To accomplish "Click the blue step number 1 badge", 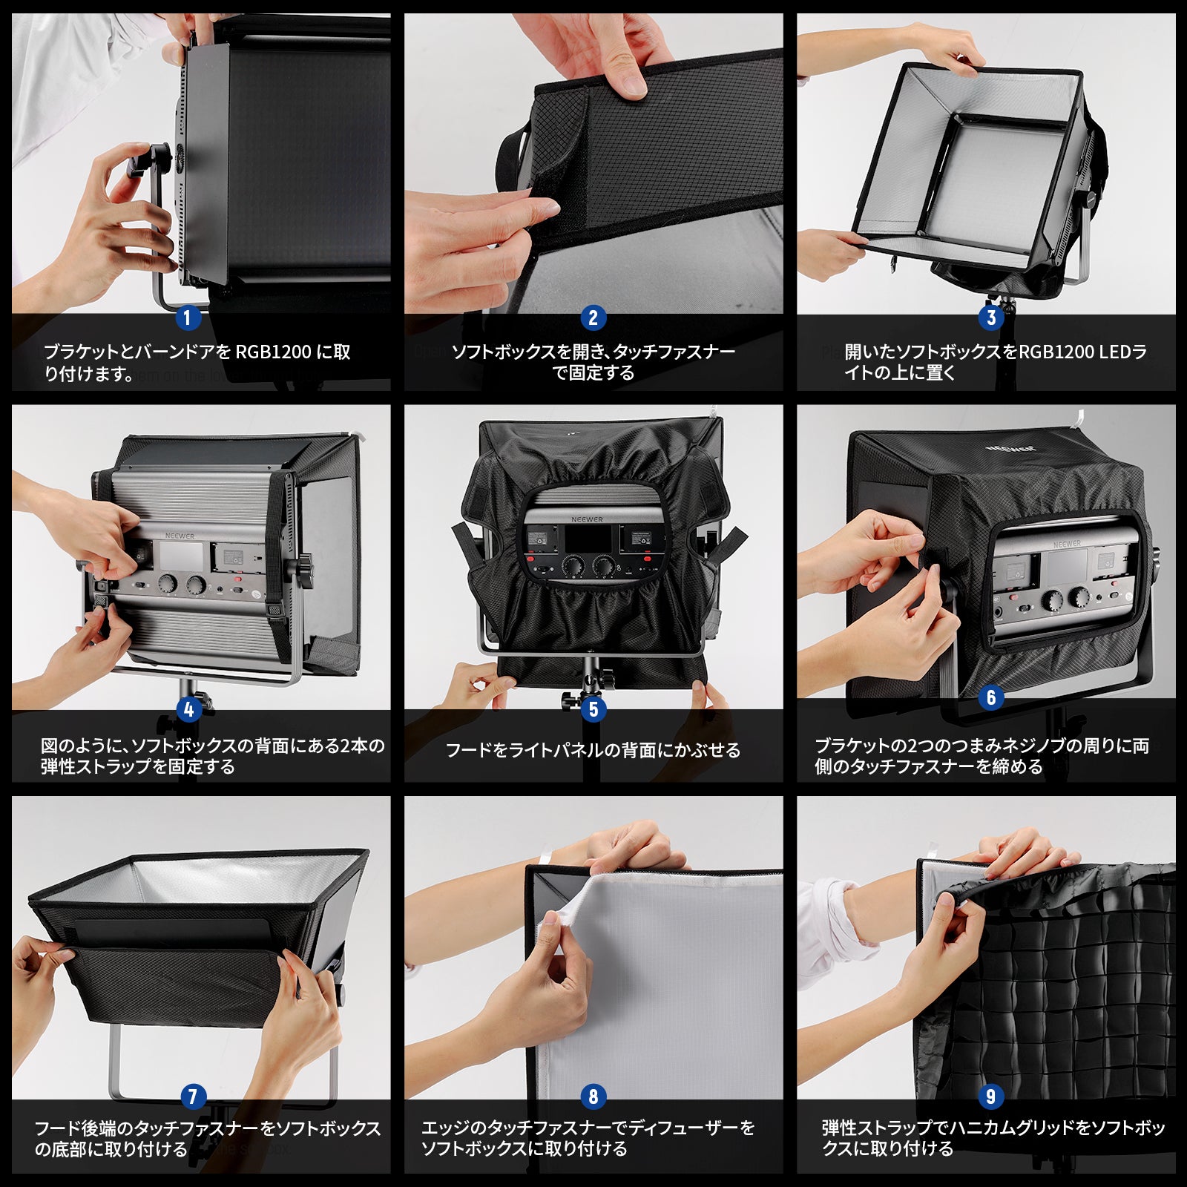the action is click(x=188, y=318).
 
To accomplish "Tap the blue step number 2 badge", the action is click(x=593, y=318).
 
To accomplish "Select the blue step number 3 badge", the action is click(x=991, y=318).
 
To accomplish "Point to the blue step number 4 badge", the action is click(x=188, y=710).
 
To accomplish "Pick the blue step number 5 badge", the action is click(x=593, y=710).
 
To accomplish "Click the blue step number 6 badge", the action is click(x=991, y=698).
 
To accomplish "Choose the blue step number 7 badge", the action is click(x=193, y=1096).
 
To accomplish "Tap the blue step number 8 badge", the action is click(x=593, y=1096).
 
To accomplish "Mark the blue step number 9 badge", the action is click(x=991, y=1096).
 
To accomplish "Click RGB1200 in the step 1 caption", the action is click(x=274, y=352).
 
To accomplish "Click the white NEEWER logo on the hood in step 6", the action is click(x=1010, y=449).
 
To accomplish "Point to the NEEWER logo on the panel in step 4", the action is click(x=180, y=536).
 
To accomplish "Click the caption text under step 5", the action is click(x=593, y=750).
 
